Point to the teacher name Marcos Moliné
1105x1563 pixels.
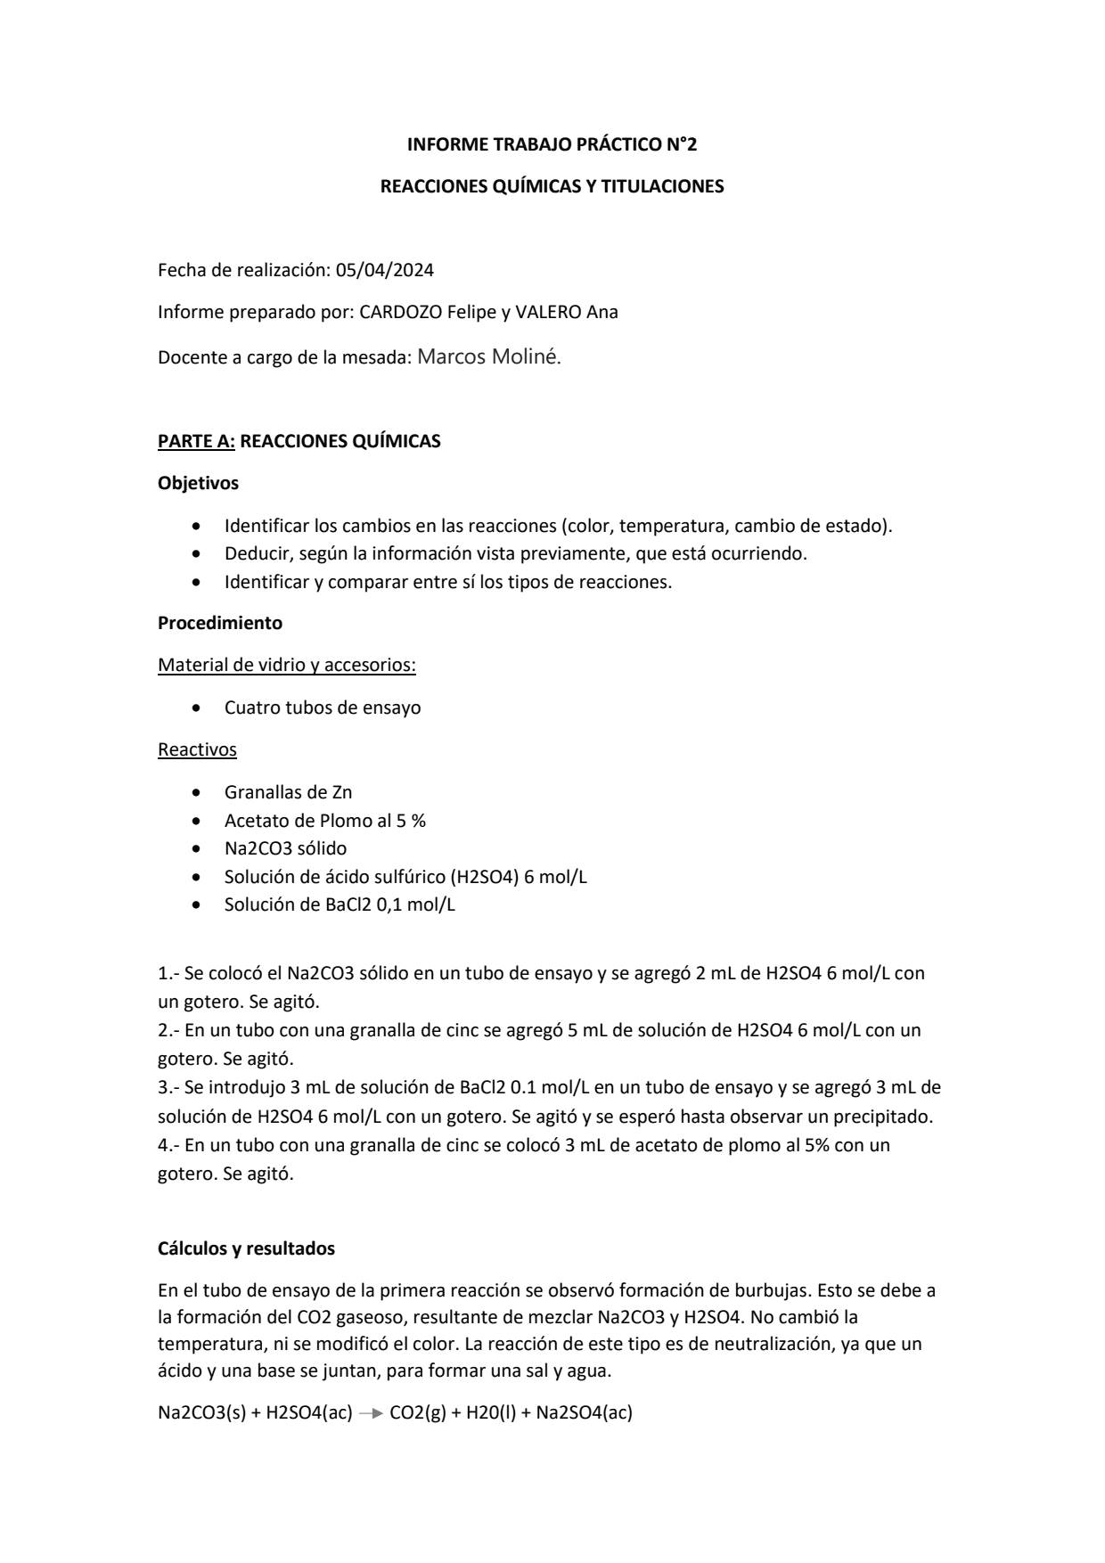click(x=489, y=357)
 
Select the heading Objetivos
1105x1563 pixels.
click(x=198, y=484)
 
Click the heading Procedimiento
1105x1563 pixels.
click(x=220, y=624)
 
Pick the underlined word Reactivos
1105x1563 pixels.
click(x=197, y=750)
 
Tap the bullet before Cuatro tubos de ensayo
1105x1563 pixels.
click(x=196, y=708)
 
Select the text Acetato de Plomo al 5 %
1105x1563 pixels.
click(x=325, y=821)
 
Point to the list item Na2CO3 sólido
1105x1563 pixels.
click(x=285, y=849)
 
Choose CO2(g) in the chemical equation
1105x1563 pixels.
click(x=418, y=1412)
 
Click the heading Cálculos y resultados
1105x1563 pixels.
click(x=246, y=1249)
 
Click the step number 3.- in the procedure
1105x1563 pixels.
click(x=169, y=1088)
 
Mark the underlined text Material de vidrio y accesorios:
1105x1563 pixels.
click(x=287, y=666)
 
